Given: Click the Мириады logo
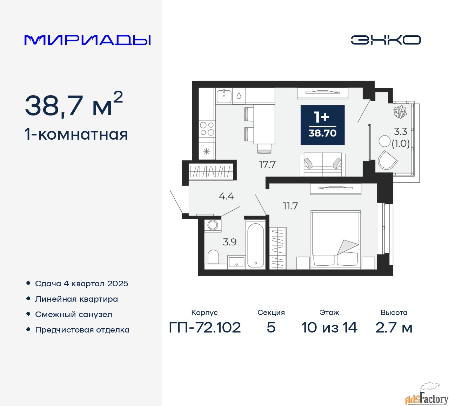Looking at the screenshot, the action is (87, 40).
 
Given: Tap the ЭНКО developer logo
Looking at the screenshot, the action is (386, 40).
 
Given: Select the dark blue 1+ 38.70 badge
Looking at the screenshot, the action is (322, 125).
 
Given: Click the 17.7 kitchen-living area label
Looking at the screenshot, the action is (267, 164).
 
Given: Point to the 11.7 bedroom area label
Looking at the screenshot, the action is (290, 206).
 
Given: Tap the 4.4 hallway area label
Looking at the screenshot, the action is (226, 196).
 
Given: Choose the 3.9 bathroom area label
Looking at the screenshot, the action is (230, 242).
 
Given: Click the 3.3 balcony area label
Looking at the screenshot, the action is (401, 132).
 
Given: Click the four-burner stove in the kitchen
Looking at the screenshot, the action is (207, 129).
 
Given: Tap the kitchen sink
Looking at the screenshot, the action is (224, 95).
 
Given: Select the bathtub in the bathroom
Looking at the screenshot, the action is (255, 245).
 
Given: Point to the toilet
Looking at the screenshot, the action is (213, 257).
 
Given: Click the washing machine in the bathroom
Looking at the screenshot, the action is (213, 225).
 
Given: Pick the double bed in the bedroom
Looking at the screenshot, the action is (335, 240).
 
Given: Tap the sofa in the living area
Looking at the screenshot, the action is (322, 164).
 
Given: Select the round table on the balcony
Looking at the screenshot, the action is (384, 141).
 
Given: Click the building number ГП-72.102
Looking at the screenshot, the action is (205, 328).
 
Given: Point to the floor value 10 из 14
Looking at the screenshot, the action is (329, 328).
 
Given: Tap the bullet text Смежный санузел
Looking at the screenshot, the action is (74, 314).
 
